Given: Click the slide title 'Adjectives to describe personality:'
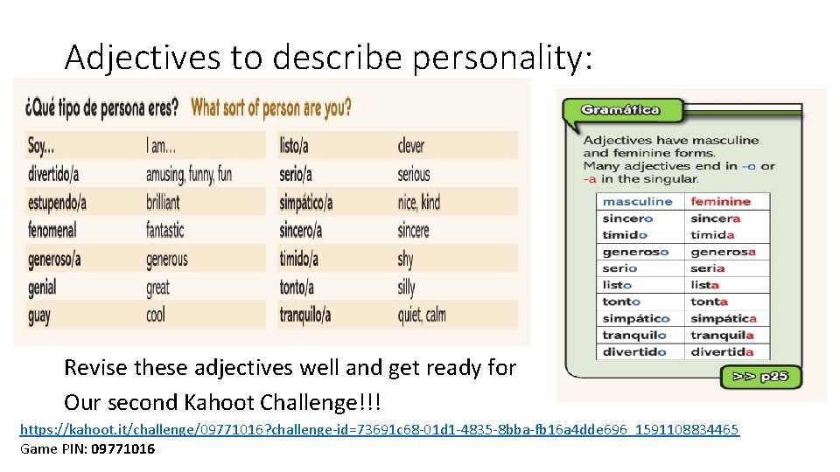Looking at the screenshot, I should coord(328,58).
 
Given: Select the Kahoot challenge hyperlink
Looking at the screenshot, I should coord(379,429).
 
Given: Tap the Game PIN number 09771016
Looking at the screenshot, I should coord(122,448).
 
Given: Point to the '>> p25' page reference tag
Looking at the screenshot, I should coord(760,378).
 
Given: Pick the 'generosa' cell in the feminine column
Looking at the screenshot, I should coord(723,252).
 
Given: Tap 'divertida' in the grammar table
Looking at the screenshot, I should coord(722,352).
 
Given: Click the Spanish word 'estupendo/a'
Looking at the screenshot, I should coord(57,203).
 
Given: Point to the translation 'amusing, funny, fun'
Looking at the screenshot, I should coord(188,174).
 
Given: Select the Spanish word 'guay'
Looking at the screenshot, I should coord(39,315).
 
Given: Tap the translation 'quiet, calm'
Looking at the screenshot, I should coord(422,315).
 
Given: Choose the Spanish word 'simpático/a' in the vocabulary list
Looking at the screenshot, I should coord(305,203).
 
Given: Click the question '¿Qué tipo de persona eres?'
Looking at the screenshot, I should coord(101,108).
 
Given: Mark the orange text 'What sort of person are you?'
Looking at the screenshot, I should coord(271,108).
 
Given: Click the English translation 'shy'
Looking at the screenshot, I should coord(405,259).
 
